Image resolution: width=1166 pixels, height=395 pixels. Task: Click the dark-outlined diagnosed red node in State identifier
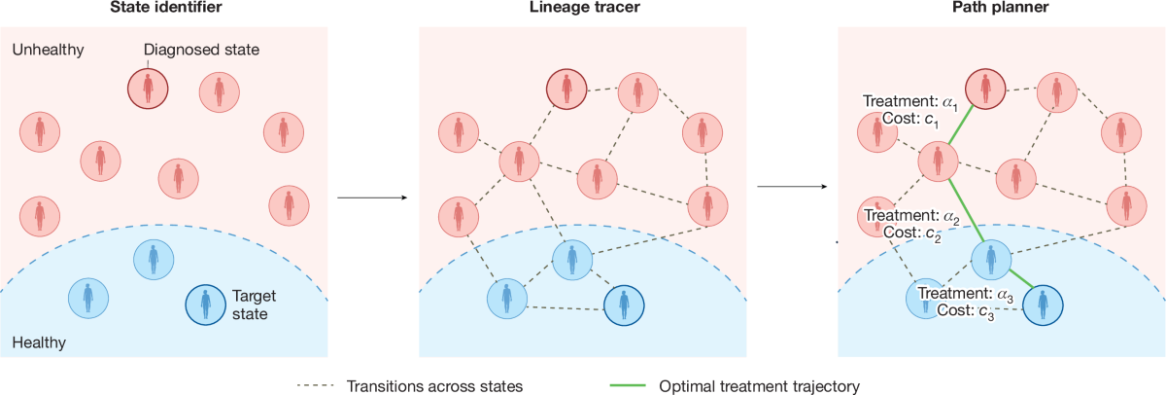148,89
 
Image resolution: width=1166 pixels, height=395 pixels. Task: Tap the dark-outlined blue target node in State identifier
205,305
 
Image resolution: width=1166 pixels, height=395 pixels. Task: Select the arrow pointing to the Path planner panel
787,185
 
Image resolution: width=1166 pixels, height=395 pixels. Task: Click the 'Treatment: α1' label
909,102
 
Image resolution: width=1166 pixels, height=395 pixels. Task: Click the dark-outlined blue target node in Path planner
1043,304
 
